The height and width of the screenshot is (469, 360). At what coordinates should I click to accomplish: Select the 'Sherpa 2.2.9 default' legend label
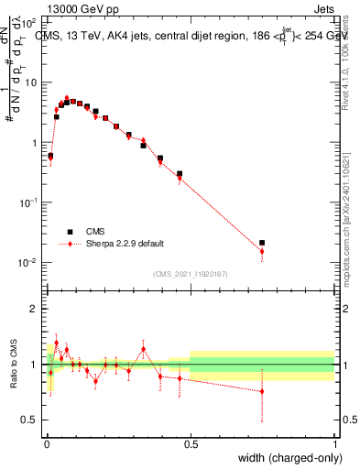[125, 244]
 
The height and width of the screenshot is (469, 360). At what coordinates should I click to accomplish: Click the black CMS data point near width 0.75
[262, 243]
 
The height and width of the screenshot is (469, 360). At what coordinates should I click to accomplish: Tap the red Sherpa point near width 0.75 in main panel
[262, 252]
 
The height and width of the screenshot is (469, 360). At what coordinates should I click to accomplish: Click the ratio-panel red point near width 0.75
[262, 391]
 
